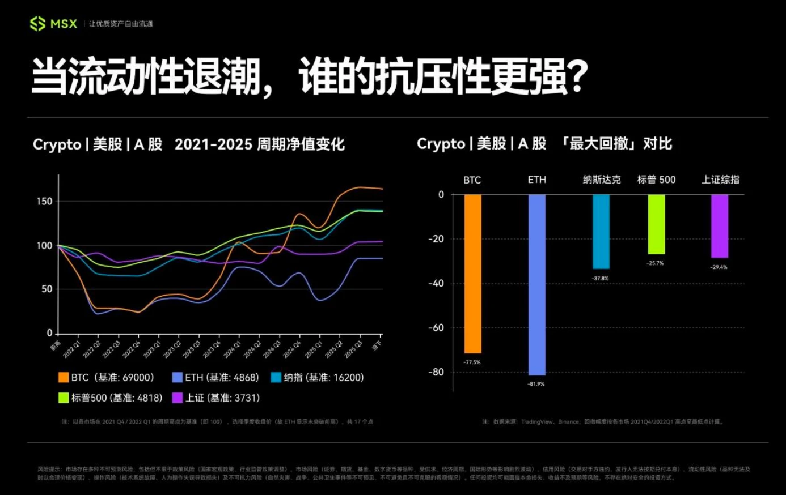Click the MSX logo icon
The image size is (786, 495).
pyautogui.click(x=37, y=24)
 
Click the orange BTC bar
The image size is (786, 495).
pyautogui.click(x=472, y=274)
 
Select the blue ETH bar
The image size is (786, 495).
pyautogui.click(x=537, y=284)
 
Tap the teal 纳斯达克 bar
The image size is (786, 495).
pyautogui.click(x=601, y=231)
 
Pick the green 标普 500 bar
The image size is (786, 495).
pyautogui.click(x=656, y=224)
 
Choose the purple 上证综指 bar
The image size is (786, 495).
pyautogui.click(x=720, y=226)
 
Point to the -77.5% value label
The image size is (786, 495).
pyautogui.click(x=472, y=362)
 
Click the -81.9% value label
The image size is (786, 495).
pyautogui.click(x=536, y=384)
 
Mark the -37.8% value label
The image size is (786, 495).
pyautogui.click(x=600, y=278)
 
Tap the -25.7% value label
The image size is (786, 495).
pyautogui.click(x=655, y=263)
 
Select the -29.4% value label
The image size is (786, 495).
pyautogui.click(x=719, y=267)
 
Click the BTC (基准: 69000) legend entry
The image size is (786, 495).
pyautogui.click(x=106, y=378)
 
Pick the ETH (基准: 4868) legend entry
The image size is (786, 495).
pyautogui.click(x=215, y=378)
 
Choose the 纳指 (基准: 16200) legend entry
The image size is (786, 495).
pyautogui.click(x=317, y=378)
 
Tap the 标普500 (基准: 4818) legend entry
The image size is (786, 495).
pyautogui.click(x=110, y=398)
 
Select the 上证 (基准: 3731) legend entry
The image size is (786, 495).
pyautogui.click(x=215, y=398)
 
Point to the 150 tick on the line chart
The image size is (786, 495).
pyautogui.click(x=44, y=202)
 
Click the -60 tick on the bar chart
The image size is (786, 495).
pyautogui.click(x=437, y=328)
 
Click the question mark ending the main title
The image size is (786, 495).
pyautogui.click(x=578, y=76)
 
